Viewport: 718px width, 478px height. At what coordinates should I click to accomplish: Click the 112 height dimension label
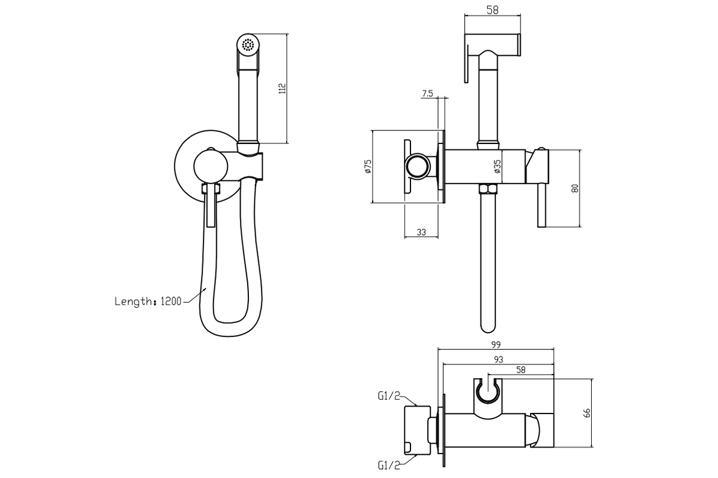pyautogui.click(x=282, y=88)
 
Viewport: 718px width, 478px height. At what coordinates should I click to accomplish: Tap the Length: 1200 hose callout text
pyautogui.click(x=148, y=301)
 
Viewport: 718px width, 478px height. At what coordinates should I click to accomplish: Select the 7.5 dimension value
pyautogui.click(x=427, y=93)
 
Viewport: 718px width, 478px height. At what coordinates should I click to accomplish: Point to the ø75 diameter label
pyautogui.click(x=368, y=167)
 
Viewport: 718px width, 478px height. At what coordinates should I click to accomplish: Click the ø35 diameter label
pyautogui.click(x=497, y=167)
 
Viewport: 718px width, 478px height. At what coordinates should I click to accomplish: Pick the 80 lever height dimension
pyautogui.click(x=575, y=188)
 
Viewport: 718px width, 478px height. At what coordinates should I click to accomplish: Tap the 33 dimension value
pyautogui.click(x=421, y=232)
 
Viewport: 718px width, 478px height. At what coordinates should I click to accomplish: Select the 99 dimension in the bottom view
pyautogui.click(x=496, y=345)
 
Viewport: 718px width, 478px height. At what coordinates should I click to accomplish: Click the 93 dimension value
pyautogui.click(x=498, y=360)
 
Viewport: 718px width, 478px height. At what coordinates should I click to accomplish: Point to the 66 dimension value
pyautogui.click(x=587, y=413)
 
